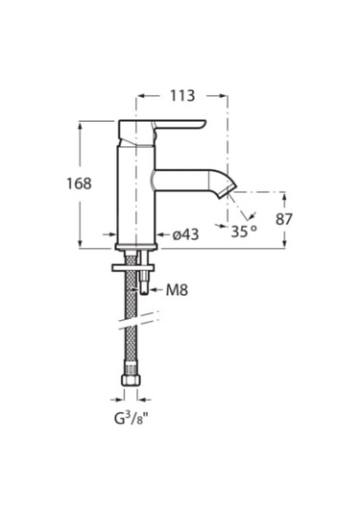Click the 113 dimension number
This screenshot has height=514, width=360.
[182, 96]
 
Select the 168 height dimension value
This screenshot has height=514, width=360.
[79, 184]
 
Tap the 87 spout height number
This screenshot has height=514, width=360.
[283, 219]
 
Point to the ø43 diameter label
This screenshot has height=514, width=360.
[185, 234]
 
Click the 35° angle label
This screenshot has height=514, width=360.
[244, 232]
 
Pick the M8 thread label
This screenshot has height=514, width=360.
[177, 290]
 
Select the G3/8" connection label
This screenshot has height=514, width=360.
[131, 419]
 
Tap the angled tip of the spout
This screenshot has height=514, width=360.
[228, 190]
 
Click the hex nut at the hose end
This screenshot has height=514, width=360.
[131, 380]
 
